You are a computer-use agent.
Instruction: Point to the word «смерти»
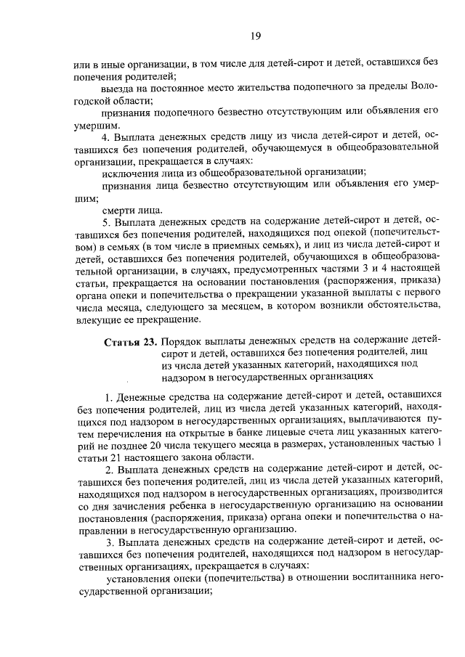point(121,209)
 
